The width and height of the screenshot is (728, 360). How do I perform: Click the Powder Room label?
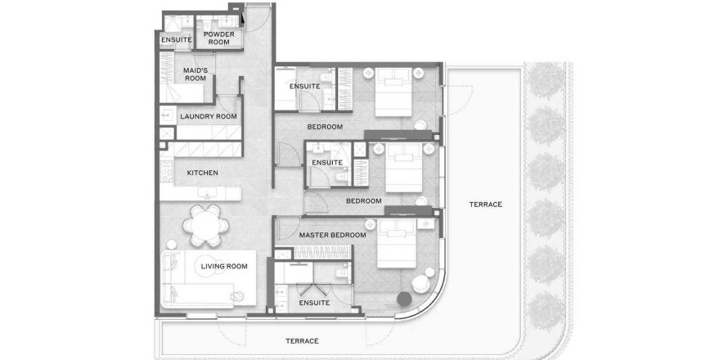(218, 38)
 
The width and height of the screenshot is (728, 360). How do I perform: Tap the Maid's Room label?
(195, 74)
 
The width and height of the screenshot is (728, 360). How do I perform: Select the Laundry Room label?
(209, 117)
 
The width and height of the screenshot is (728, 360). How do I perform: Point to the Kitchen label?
(202, 173)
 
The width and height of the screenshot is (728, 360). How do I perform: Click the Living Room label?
(224, 267)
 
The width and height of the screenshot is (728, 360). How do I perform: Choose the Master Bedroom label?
(332, 236)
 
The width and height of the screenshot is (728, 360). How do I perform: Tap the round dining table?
(205, 226)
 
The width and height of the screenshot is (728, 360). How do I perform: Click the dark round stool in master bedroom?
(404, 298)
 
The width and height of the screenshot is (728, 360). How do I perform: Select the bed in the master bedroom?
(397, 243)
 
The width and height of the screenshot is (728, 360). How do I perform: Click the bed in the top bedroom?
(393, 92)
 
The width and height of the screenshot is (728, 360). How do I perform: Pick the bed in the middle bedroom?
(404, 168)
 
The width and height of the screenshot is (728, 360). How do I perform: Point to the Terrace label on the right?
(486, 205)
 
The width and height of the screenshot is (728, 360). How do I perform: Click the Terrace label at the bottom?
(303, 341)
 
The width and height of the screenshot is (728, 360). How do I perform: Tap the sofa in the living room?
(197, 280)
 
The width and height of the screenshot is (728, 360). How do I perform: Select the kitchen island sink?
(205, 192)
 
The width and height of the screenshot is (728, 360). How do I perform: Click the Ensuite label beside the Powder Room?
(177, 40)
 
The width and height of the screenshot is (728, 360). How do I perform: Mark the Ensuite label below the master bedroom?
(314, 303)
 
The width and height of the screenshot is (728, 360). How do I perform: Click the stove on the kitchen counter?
(167, 172)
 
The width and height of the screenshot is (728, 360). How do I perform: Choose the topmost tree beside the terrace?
(546, 80)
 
